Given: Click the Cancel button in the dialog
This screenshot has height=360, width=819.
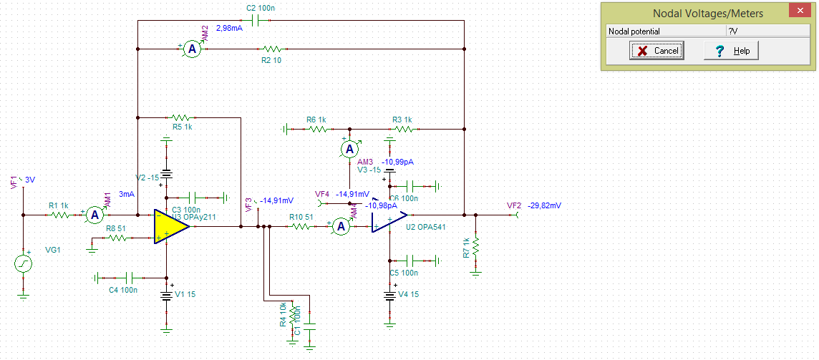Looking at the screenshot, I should [656, 51].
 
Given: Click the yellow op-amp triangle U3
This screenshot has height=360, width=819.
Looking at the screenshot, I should [170, 226].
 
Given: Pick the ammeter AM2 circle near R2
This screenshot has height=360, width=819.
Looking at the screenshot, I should [191, 49].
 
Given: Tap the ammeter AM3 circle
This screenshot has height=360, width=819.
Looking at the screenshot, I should [349, 149].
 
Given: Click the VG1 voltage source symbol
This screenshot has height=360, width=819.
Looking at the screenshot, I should [24, 264].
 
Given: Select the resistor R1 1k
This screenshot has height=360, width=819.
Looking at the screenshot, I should [59, 214].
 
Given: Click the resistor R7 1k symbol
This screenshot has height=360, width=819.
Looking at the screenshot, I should [476, 248].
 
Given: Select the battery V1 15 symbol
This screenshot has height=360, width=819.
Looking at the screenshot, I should [166, 295].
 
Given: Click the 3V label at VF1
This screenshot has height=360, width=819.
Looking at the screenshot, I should [30, 180].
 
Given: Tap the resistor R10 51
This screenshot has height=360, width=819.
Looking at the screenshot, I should [301, 226].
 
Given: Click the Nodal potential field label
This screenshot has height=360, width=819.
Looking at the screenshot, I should [634, 31].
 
